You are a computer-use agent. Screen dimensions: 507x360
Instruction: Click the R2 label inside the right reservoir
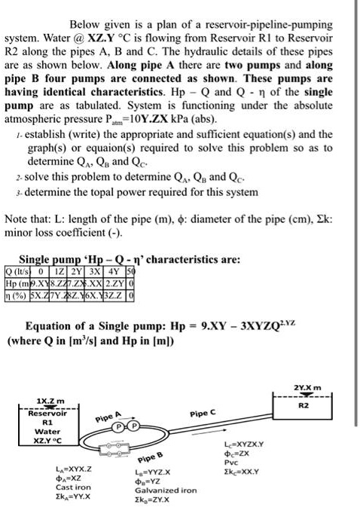306,403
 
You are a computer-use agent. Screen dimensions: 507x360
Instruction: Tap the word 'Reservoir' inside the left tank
47,413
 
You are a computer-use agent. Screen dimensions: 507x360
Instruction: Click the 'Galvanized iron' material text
163,490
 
